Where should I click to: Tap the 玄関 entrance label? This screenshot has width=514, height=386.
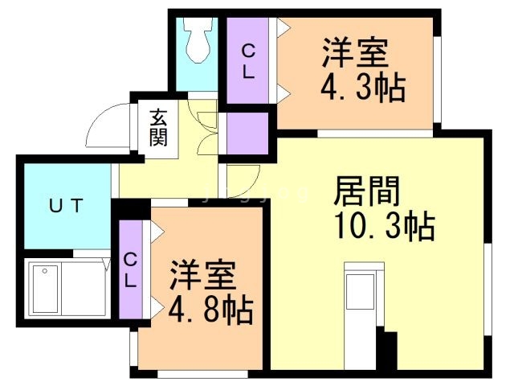157,127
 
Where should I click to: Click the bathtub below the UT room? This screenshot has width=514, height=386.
69,289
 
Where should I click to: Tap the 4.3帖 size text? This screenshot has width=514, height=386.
361,86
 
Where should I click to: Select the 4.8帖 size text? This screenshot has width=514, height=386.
210,310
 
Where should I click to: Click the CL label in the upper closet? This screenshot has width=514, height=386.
249,61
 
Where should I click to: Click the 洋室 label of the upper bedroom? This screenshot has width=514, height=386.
356,54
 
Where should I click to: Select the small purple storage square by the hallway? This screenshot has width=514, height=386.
247,133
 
